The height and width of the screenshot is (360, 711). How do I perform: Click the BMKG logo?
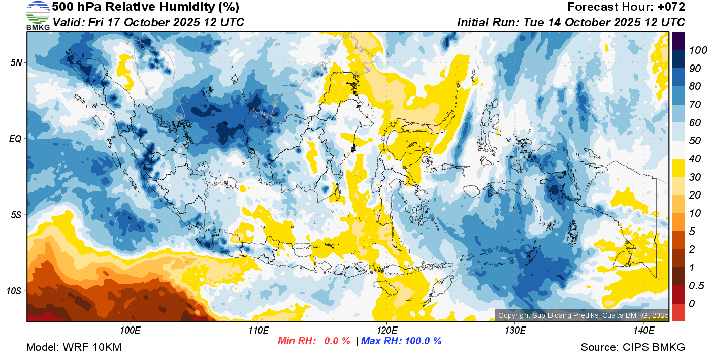(x=38, y=16)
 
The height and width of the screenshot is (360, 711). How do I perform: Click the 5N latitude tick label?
(x=16, y=62)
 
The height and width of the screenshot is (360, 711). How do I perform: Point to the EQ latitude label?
(x=16, y=139)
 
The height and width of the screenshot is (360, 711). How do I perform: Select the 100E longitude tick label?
(x=130, y=330)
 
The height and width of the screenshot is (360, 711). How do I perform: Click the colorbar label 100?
(x=694, y=50)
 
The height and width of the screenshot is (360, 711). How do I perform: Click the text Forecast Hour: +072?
(x=626, y=7)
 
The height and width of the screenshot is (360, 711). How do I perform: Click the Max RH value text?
(x=401, y=341)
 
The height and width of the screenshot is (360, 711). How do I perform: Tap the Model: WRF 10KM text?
(x=74, y=348)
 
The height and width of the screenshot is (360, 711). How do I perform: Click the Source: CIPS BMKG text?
(x=633, y=348)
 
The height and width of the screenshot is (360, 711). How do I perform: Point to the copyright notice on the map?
(x=583, y=315)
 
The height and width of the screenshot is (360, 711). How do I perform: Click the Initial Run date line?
(x=571, y=22)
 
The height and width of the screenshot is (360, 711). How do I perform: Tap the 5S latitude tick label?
(x=16, y=215)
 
